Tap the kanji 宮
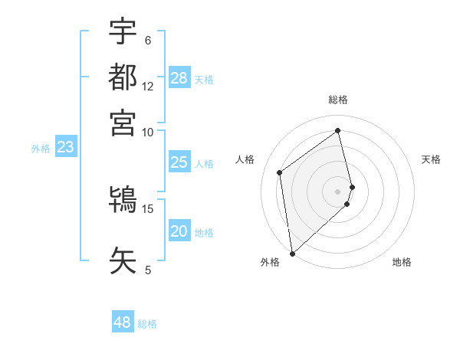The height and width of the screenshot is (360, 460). (x=123, y=123)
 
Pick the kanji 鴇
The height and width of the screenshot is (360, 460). (x=123, y=201)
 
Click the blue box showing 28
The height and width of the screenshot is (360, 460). (x=179, y=78)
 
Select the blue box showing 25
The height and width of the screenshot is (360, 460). (x=179, y=162)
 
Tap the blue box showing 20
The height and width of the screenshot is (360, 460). (x=179, y=232)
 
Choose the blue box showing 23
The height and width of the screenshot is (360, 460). (x=65, y=148)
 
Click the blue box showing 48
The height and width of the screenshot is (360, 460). (x=123, y=322)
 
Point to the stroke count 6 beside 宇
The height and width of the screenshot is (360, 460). (x=147, y=40)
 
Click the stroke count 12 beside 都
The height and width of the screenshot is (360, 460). (x=148, y=87)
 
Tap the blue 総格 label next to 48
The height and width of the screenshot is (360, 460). (x=147, y=324)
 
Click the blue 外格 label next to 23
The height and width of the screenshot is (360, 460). (x=41, y=149)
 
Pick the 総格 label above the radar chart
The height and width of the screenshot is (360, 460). (x=338, y=100)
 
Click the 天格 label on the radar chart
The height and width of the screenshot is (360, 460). (x=431, y=159)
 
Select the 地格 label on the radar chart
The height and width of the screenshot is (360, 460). (x=402, y=263)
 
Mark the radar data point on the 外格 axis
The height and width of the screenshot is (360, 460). (x=292, y=254)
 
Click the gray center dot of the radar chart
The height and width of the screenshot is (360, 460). (x=338, y=191)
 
